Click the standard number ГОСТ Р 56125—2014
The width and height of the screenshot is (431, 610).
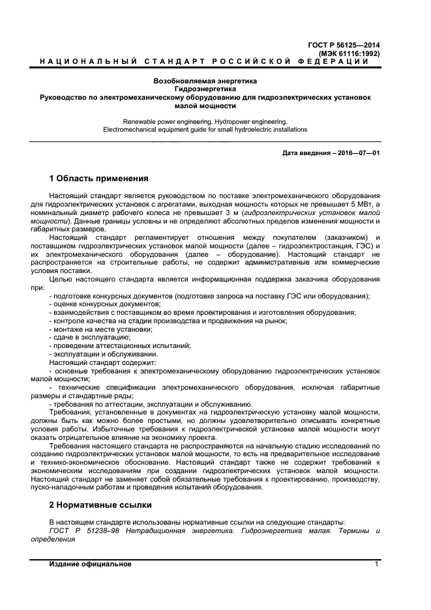point(343,45)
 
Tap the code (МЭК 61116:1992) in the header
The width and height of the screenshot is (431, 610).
point(349,53)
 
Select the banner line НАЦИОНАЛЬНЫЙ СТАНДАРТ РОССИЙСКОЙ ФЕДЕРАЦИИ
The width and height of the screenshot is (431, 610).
point(205,61)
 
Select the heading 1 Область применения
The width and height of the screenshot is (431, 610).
point(99,178)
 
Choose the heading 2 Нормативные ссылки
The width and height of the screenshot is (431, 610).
point(100,504)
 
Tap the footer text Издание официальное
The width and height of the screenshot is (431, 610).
point(91,564)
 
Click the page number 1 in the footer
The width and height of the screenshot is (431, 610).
point(377,564)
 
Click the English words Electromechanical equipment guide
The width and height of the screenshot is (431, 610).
point(156,129)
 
